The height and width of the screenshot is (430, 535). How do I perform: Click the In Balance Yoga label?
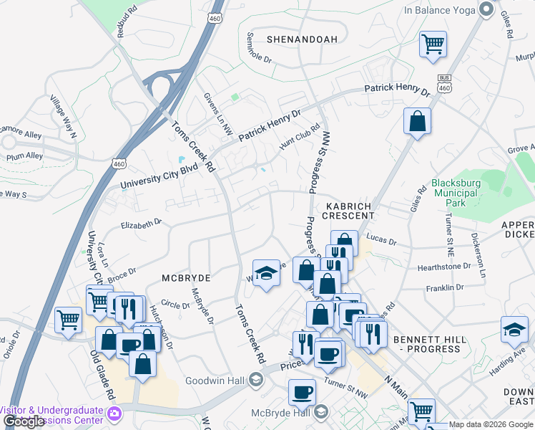point(439,10)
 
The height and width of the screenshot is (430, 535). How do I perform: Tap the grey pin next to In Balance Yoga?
point(486,10)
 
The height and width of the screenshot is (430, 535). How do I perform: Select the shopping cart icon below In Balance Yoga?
point(433,44)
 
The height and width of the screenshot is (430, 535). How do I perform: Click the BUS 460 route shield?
point(444,84)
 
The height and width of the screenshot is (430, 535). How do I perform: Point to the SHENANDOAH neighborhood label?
point(301,39)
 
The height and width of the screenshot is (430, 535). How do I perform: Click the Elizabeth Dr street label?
point(142,224)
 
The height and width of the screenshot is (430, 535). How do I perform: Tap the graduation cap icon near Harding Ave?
point(514,330)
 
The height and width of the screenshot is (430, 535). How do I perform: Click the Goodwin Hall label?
point(215,381)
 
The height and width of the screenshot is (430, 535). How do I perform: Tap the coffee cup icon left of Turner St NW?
point(302,392)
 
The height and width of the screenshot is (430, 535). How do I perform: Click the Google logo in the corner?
point(24,421)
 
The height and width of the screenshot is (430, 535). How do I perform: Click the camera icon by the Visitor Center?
point(113,414)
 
